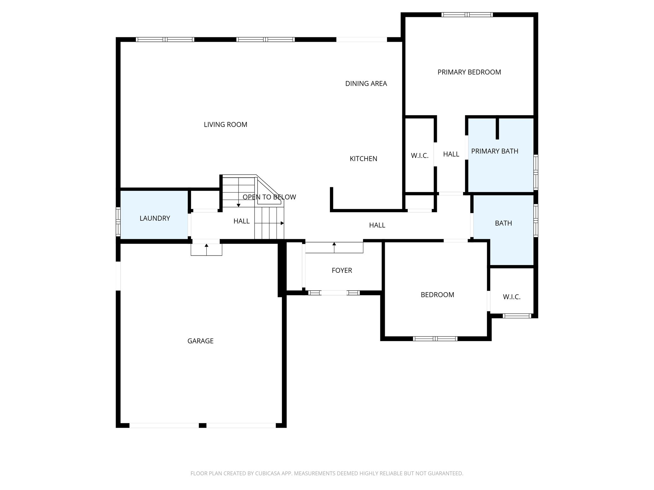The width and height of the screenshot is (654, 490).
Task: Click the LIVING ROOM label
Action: [225, 125]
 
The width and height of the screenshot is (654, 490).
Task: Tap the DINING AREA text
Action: [366, 84]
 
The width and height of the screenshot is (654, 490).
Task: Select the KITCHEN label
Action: [363, 159]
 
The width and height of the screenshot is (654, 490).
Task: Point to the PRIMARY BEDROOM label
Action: [469, 72]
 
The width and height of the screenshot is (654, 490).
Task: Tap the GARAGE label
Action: [200, 341]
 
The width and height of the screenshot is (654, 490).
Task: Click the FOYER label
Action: [342, 271]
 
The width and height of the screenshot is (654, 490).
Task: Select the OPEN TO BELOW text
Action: [269, 197]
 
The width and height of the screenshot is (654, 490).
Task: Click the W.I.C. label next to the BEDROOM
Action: [512, 297]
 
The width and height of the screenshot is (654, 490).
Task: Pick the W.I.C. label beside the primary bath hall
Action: [420, 156]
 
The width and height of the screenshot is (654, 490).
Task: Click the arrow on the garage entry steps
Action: [207, 247]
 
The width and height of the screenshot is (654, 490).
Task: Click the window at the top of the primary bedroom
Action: [467, 15]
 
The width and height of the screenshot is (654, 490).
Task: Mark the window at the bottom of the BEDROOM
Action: [435, 338]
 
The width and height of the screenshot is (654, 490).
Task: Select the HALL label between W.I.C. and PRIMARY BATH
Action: [451, 154]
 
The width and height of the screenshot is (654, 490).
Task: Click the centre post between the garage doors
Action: [202, 425]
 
